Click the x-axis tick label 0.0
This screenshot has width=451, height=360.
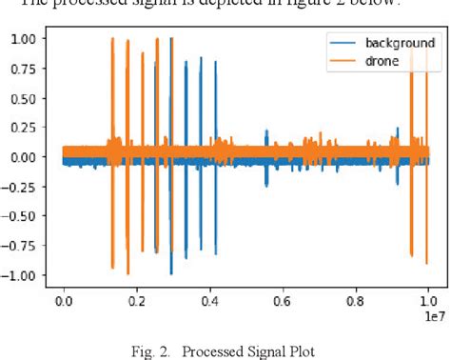coord(64,300)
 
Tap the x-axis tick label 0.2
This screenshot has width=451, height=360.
coord(137,300)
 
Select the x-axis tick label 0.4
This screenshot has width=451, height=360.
coord(209,300)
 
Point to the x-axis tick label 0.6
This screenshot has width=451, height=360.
coord(283,300)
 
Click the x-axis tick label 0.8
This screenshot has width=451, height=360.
coord(356,300)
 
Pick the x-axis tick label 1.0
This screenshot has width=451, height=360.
coord(428,300)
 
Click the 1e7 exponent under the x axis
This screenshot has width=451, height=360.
coord(434,313)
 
